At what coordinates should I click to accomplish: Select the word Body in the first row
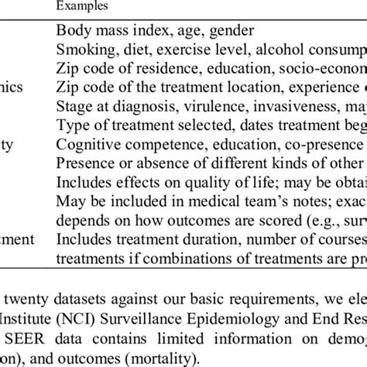click(74, 31)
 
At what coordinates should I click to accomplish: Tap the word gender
click(232, 31)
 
